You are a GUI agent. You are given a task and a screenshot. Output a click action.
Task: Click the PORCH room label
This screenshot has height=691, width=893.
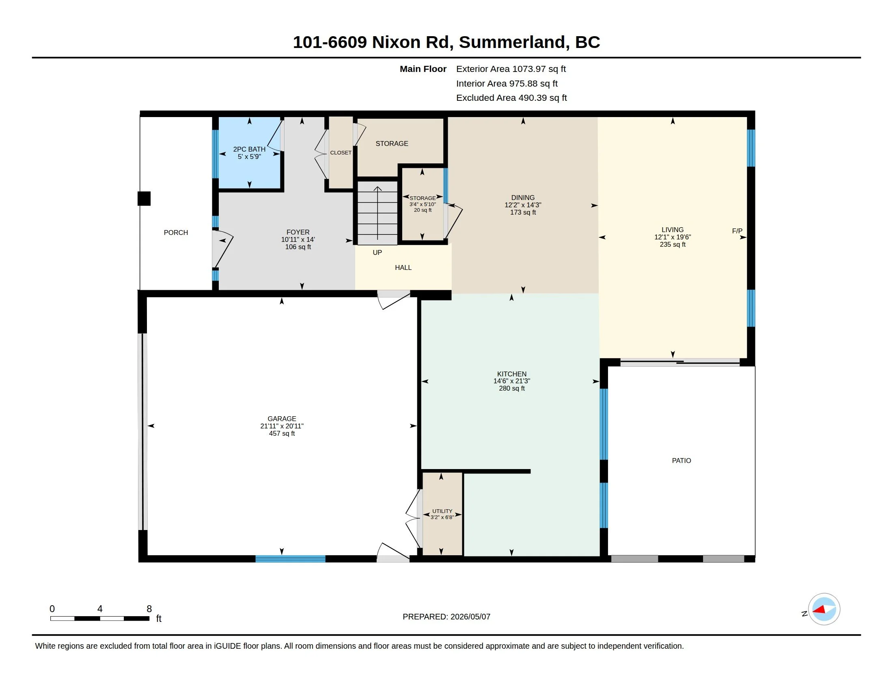click(176, 233)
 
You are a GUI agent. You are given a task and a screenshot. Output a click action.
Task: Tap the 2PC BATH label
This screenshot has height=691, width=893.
click(249, 150)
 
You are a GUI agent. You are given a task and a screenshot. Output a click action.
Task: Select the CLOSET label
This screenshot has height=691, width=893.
click(341, 153)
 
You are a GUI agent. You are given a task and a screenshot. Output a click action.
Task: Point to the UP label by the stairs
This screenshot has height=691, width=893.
click(377, 252)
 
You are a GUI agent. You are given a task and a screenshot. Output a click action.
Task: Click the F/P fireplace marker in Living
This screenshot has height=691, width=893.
click(737, 231)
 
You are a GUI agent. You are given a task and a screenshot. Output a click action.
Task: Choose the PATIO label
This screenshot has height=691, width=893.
click(682, 461)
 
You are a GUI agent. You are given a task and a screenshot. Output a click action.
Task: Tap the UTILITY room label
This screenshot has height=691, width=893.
click(442, 511)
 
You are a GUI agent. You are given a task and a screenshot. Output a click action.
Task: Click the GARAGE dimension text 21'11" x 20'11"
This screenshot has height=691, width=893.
click(282, 426)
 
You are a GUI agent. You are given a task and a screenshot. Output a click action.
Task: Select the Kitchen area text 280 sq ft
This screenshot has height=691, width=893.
click(512, 388)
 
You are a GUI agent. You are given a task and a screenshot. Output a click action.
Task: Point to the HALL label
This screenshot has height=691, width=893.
click(403, 268)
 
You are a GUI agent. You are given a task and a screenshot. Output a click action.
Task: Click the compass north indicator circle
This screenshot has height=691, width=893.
click(824, 609)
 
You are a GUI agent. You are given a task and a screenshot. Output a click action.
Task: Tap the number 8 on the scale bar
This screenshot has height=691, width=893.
click(149, 609)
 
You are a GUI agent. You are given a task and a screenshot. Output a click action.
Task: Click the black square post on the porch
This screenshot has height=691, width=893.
click(144, 198)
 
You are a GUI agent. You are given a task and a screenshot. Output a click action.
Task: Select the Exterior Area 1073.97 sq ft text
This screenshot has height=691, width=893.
click(511, 69)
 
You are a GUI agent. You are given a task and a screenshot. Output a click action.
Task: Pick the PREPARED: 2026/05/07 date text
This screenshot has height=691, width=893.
click(446, 617)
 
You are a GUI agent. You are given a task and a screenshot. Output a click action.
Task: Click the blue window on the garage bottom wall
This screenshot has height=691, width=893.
click(290, 559)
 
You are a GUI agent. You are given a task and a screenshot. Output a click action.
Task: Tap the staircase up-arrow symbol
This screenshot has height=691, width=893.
click(377, 213)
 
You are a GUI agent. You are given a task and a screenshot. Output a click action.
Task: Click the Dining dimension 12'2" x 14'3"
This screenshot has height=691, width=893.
click(523, 205)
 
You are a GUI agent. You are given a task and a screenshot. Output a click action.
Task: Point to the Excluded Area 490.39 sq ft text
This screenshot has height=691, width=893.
click(511, 98)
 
